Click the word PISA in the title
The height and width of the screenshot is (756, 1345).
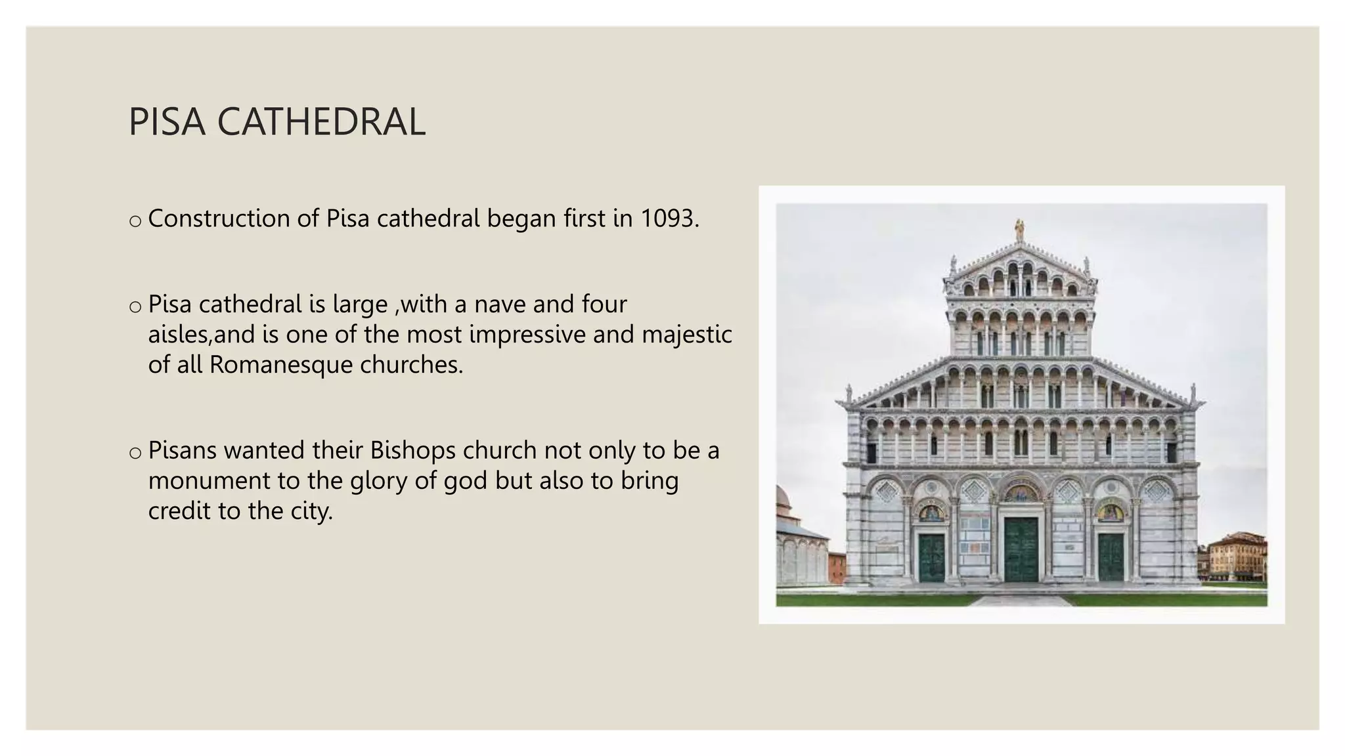tap(167, 122)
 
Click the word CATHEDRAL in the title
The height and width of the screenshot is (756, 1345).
tap(320, 122)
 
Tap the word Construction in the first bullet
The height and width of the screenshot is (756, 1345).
tap(219, 219)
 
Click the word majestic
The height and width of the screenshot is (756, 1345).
tap(686, 335)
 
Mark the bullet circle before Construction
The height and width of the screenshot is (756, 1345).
tap(135, 222)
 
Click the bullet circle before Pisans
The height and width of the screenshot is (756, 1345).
tap(135, 453)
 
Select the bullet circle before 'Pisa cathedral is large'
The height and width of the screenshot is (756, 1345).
tap(135, 307)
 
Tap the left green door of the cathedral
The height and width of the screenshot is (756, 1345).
tap(931, 557)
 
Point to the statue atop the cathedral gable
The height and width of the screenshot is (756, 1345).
tap(1019, 230)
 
